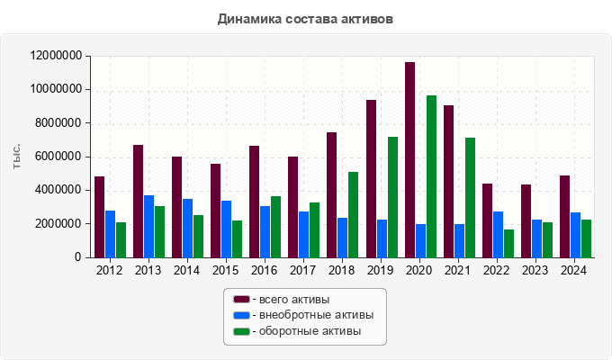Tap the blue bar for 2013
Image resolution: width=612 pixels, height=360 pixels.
(x=148, y=226)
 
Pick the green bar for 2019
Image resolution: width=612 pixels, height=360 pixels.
(x=392, y=197)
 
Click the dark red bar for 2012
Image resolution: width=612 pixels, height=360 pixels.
(x=99, y=217)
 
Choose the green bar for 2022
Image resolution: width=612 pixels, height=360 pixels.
(x=508, y=243)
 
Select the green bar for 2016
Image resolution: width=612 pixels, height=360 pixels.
(x=275, y=227)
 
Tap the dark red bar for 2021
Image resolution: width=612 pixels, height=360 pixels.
(x=448, y=181)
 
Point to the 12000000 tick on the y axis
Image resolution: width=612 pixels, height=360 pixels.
(x=56, y=56)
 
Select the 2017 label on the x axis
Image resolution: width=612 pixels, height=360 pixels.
(x=302, y=270)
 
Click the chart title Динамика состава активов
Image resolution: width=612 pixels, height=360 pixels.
(x=305, y=18)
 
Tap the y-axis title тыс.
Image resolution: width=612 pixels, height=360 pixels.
(x=17, y=156)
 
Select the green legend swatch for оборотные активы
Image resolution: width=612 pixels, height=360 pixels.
(x=240, y=331)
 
